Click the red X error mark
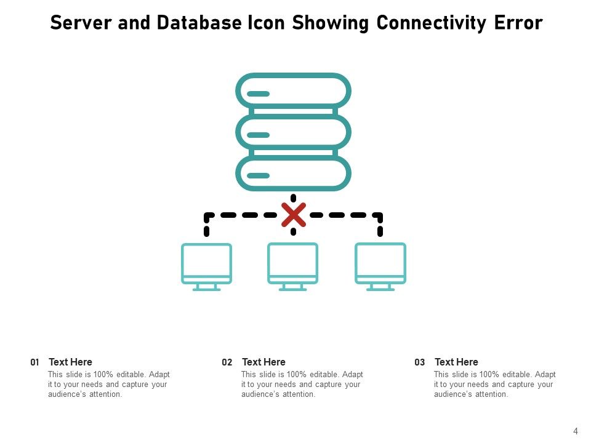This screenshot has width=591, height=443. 294,215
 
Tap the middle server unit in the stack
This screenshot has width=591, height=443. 294,132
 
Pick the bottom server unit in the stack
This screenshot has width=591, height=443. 294,174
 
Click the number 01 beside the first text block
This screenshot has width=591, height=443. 34,362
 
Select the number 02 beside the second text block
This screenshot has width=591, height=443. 227,362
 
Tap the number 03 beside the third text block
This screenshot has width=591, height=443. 420,362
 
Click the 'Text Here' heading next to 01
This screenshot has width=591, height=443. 70,362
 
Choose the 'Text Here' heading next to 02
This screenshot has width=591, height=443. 263,362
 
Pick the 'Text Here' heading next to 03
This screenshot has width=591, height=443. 456,362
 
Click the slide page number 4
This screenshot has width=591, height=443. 576,431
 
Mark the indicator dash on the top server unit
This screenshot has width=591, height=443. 259,94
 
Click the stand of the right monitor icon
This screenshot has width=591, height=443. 380,287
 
